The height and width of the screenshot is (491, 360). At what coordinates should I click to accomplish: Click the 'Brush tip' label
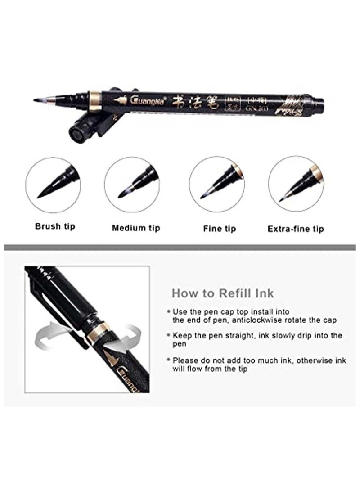coord(55,225)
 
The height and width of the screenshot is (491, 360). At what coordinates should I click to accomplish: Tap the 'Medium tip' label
coord(136,228)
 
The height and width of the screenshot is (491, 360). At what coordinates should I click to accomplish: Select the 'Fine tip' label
coord(219,229)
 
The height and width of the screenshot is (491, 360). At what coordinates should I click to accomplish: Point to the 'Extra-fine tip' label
coord(296,229)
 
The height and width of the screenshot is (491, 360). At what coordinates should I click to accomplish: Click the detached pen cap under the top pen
coord(85,127)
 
